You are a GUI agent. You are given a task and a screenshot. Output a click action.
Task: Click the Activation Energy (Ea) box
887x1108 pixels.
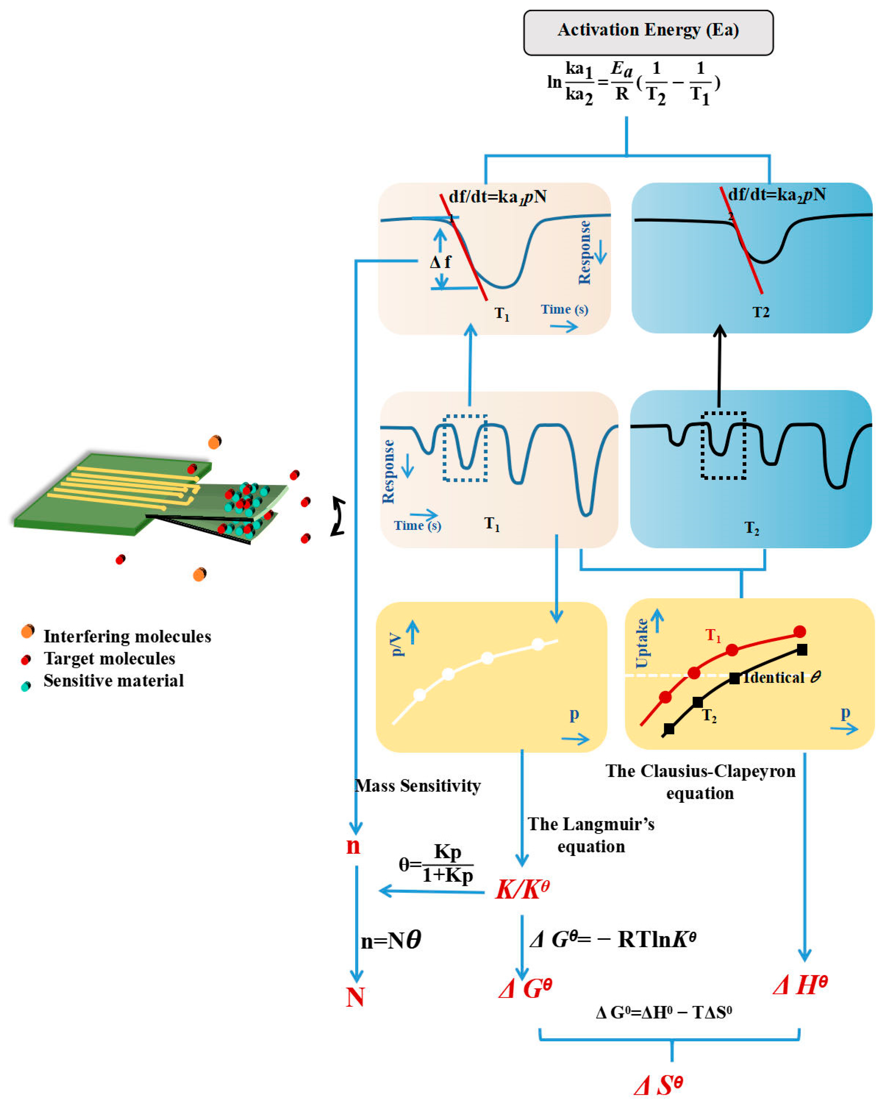coord(648,32)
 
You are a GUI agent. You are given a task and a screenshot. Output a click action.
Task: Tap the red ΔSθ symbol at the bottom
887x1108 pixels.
coord(658,1085)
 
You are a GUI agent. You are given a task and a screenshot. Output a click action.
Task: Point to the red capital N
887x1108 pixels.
coord(355,998)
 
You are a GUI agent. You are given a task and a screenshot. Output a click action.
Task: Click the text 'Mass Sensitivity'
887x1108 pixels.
coord(418,786)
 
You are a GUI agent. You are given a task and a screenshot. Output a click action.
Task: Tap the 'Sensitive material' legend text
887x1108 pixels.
coord(114,681)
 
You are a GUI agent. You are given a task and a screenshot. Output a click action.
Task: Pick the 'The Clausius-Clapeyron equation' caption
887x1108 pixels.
coord(700,782)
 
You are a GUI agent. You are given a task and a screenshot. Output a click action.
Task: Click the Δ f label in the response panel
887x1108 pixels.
coord(440,263)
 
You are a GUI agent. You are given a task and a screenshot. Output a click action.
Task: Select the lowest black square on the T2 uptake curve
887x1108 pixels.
coord(669,729)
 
